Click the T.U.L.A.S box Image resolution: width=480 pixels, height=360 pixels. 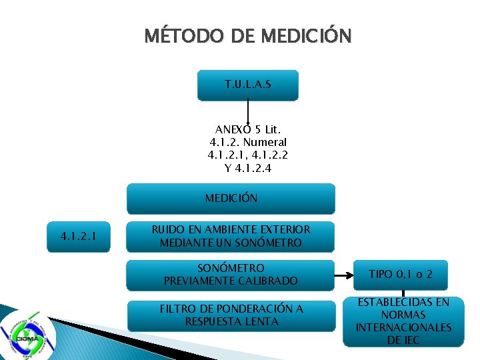[x=248, y=85]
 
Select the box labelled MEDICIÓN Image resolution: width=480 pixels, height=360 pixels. [x=231, y=198]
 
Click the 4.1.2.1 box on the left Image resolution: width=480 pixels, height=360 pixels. [x=78, y=236]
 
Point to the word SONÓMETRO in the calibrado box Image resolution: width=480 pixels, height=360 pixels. [x=231, y=268]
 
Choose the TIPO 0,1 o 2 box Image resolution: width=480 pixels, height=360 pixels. [x=401, y=274]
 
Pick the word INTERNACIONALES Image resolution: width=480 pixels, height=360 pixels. [x=403, y=327]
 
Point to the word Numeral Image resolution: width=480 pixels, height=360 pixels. [x=265, y=142]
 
